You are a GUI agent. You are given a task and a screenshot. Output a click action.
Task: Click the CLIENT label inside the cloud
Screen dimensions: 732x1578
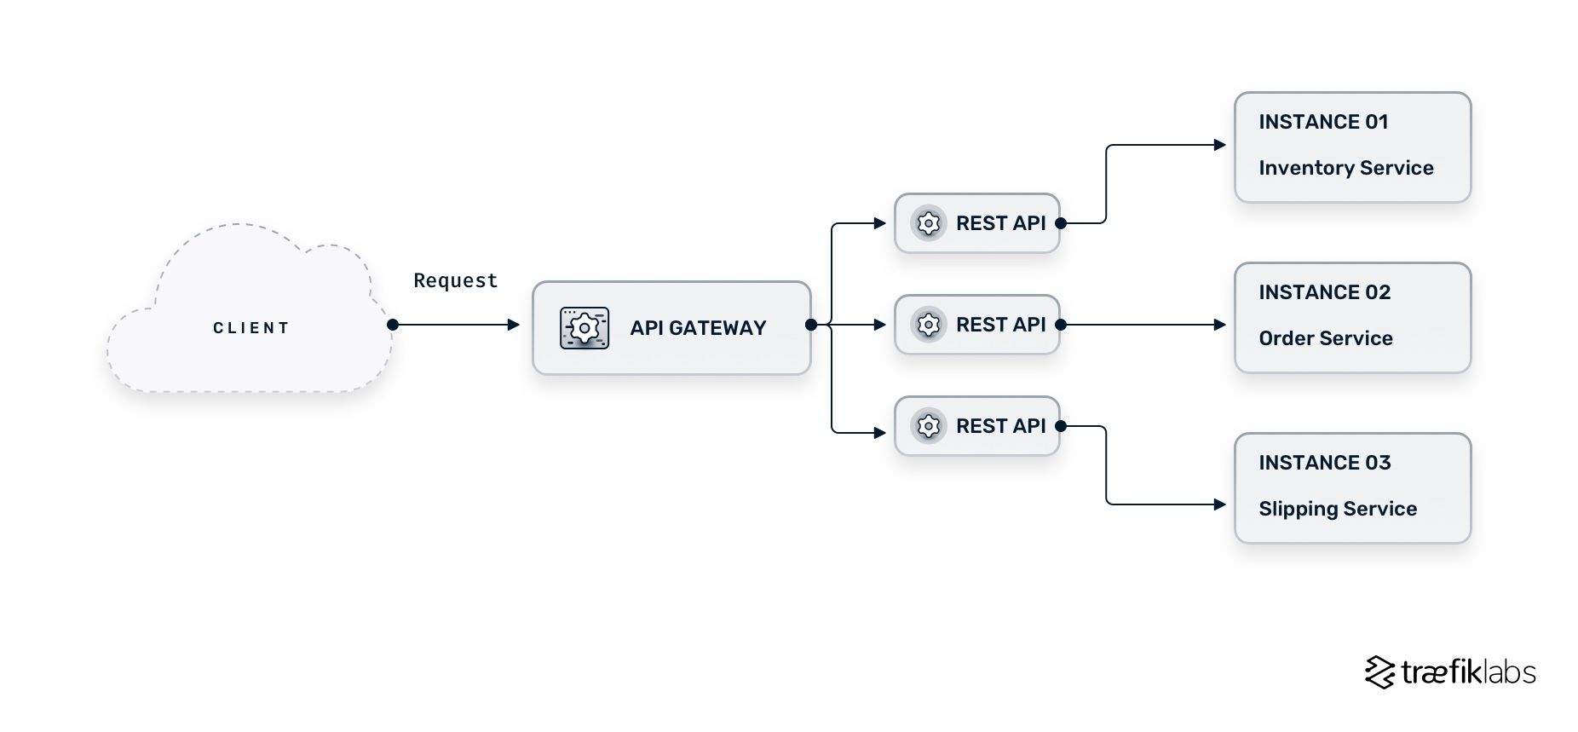251,328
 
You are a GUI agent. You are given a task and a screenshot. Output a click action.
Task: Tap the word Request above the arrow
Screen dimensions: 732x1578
455,280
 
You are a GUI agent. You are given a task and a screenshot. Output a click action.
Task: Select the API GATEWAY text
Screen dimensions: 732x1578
698,328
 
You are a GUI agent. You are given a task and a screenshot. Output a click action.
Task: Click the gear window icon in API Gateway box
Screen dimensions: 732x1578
585,328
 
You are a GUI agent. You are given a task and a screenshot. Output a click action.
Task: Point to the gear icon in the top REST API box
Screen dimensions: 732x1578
929,223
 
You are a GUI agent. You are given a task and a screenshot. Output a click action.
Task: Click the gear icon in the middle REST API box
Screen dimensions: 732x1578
929,325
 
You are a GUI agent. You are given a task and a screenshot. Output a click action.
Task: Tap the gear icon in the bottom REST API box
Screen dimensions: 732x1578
929,426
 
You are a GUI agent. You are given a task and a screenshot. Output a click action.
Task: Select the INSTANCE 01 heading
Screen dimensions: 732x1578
1323,122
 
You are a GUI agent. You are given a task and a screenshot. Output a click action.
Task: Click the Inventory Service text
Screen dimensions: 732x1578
1345,168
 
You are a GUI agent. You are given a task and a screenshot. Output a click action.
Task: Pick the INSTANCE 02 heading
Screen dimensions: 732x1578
1324,292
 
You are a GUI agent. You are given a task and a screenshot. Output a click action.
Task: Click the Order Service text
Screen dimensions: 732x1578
1325,338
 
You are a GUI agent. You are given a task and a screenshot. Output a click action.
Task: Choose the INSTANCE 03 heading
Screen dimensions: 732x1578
1324,463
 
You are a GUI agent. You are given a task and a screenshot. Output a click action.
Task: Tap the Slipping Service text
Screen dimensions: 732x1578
1338,509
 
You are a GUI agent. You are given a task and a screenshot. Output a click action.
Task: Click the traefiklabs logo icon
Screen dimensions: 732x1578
1379,672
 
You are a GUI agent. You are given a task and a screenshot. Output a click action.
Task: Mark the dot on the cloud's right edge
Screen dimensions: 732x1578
393,325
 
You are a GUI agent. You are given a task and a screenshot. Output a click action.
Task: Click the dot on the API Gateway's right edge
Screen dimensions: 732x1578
811,325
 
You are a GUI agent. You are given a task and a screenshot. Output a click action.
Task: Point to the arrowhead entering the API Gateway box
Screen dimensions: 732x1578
514,325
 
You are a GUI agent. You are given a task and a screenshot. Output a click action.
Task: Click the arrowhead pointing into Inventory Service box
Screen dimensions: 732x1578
1220,145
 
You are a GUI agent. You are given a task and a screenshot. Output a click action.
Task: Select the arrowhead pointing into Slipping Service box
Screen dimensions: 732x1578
1220,504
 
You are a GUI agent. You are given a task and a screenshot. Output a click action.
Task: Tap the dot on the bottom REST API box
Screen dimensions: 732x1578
1061,426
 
